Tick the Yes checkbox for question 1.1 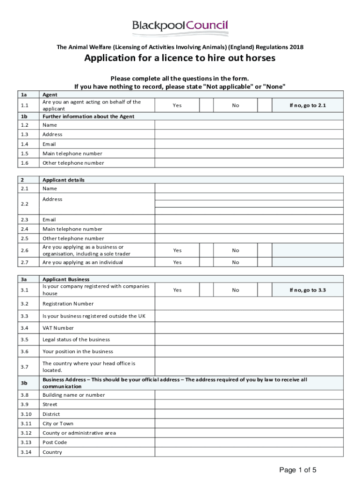[x=206, y=105]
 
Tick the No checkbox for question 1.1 [x=265, y=105]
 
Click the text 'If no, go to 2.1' [x=308, y=105]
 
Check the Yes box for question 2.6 [x=206, y=250]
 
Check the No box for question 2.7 [x=265, y=262]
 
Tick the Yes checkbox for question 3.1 [x=206, y=290]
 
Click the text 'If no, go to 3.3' [x=308, y=290]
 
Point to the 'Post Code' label [x=55, y=443]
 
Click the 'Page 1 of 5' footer [x=298, y=470]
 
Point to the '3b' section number [x=24, y=383]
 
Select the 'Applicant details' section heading [x=64, y=180]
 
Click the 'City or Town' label [x=58, y=424]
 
